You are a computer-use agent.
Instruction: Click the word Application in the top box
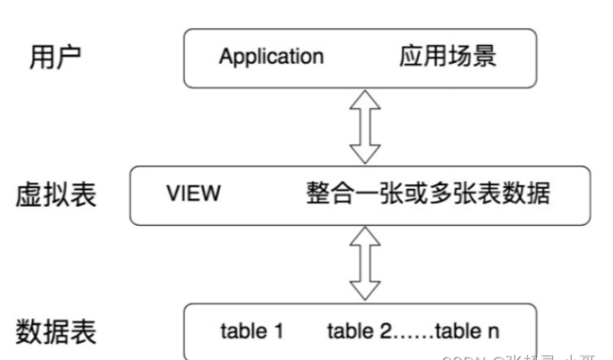point(271,57)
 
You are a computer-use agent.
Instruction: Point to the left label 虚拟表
point(56,196)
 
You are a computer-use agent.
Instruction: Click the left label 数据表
point(56,331)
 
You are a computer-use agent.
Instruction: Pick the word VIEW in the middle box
point(193,195)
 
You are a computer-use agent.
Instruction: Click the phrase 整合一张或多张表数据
point(427,195)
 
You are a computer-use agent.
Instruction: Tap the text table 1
point(252,331)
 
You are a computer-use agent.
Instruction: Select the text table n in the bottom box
point(467,331)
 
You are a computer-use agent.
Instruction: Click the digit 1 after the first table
point(278,331)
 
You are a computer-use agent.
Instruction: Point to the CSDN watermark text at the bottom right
point(524,355)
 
